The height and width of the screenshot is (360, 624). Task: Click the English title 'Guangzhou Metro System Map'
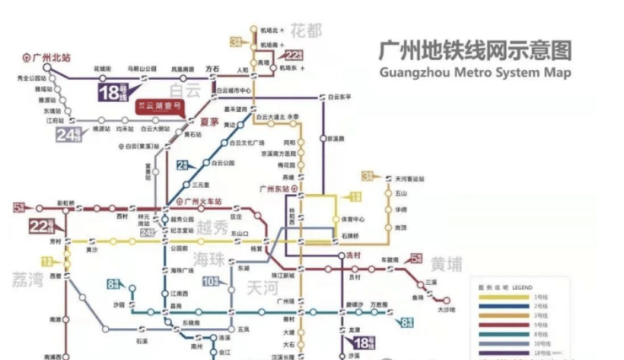[x=476, y=73]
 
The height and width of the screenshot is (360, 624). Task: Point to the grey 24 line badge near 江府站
[x=69, y=133]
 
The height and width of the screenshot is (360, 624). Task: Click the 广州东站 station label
[x=277, y=187]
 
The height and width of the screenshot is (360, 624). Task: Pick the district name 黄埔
[x=446, y=266]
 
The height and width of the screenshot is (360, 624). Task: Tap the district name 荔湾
[x=27, y=279]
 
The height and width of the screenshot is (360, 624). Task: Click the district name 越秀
[x=211, y=228]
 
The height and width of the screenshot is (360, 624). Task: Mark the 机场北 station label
[x=269, y=30]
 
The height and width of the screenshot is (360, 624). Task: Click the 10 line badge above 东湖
[x=211, y=280]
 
